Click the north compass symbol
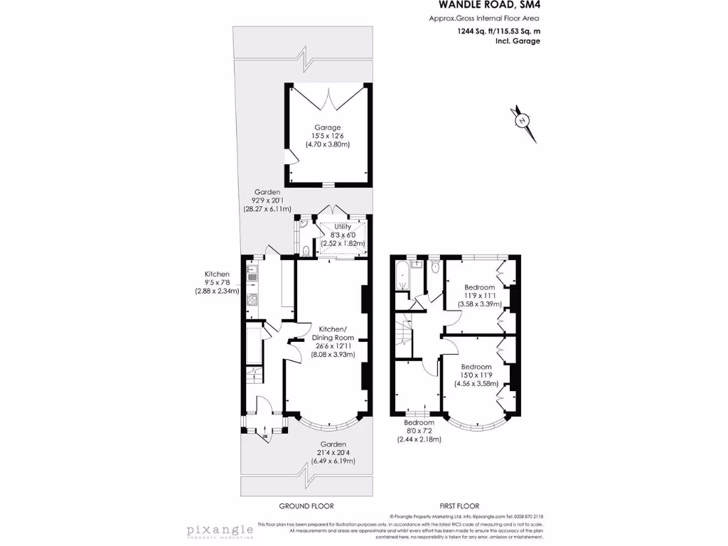(x=523, y=120)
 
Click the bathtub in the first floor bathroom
(x=401, y=277)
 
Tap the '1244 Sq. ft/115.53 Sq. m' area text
(x=498, y=31)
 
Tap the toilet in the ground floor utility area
(x=305, y=250)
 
